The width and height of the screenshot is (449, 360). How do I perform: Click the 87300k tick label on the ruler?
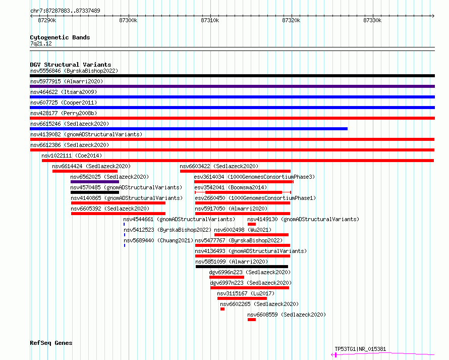click(x=128, y=20)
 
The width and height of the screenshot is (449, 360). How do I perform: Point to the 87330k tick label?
click(x=372, y=20)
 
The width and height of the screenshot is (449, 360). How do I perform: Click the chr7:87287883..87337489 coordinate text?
click(x=65, y=11)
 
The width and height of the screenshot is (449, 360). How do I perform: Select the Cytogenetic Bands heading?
click(x=60, y=37)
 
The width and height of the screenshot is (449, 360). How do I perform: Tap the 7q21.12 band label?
click(x=41, y=43)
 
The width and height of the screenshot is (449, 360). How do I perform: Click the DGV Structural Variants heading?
click(x=71, y=65)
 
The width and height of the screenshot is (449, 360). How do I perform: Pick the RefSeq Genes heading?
click(x=51, y=343)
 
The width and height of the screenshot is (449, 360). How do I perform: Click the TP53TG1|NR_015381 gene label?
click(x=360, y=349)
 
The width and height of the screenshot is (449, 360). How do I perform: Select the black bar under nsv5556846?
click(x=232, y=76)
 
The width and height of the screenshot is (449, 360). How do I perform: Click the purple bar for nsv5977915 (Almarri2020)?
click(x=232, y=86)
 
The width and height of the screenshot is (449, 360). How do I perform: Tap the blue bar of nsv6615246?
click(x=189, y=129)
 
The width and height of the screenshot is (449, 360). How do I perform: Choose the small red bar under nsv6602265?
click(x=222, y=309)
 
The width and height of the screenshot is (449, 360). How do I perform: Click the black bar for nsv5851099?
click(x=242, y=267)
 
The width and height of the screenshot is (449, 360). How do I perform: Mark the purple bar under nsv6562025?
click(x=95, y=182)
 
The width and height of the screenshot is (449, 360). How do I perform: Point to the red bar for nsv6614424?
click(x=85, y=171)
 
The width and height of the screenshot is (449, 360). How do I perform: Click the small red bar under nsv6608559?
click(x=252, y=320)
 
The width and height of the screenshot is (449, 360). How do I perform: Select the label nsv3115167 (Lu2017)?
click(x=246, y=293)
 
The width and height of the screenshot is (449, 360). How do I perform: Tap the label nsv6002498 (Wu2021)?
click(x=243, y=230)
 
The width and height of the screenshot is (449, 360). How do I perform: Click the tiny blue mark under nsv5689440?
click(x=125, y=245)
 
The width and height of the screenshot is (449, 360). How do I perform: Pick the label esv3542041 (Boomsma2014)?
click(x=231, y=187)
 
